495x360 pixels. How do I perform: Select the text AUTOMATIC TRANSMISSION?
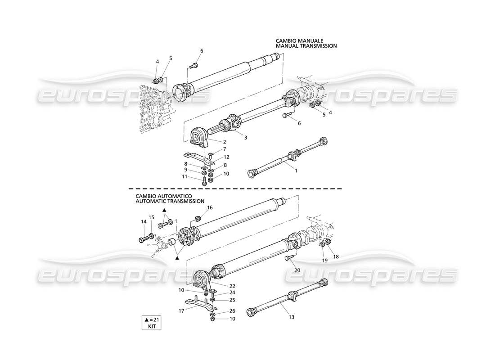click(x=170, y=201)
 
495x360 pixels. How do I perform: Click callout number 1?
click(x=296, y=171)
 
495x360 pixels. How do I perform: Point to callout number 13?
click(x=291, y=317)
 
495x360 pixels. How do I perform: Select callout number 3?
click(x=245, y=137)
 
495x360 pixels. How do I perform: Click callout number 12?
click(x=227, y=157)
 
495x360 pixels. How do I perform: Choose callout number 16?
click(x=210, y=207)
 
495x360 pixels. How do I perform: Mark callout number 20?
click(x=297, y=270)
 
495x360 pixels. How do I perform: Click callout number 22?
click(x=232, y=286)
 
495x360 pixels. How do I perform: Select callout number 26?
click(x=232, y=310)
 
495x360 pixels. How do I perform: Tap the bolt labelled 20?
click(x=288, y=258)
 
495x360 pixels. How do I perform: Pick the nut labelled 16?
click(x=198, y=219)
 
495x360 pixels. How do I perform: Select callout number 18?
click(x=336, y=256)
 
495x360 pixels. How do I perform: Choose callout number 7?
click(x=224, y=148)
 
